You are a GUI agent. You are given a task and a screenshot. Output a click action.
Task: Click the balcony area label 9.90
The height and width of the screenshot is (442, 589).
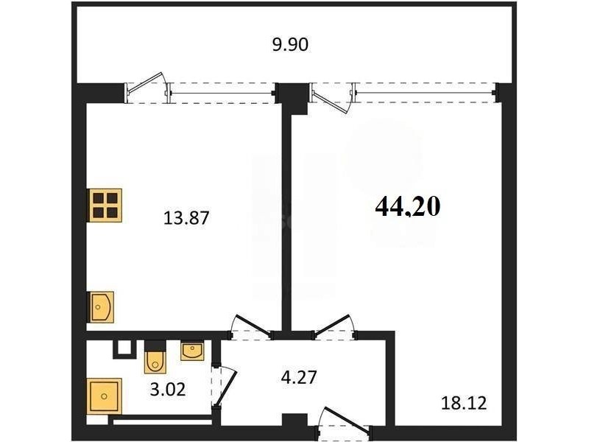click(x=290, y=45)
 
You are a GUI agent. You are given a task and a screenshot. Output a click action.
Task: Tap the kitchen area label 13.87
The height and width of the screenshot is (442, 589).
click(x=186, y=218)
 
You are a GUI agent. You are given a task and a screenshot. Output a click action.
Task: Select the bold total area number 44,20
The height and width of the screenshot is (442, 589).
click(x=408, y=207)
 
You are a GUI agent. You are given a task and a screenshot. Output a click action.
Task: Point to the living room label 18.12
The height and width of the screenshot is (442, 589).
click(x=464, y=403)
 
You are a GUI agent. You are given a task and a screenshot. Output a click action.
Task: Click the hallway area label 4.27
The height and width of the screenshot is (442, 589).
click(x=299, y=377)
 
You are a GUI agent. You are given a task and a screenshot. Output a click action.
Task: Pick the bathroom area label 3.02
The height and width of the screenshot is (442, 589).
click(x=168, y=390)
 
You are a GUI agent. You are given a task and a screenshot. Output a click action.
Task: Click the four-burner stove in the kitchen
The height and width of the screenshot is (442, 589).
click(x=105, y=206)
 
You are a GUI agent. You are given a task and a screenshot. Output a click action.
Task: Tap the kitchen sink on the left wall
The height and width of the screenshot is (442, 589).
click(x=101, y=307)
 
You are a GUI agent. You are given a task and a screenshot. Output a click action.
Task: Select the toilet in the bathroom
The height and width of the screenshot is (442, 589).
click(x=155, y=357)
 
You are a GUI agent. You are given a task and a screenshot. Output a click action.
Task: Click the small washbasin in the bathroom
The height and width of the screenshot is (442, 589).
click(x=192, y=351)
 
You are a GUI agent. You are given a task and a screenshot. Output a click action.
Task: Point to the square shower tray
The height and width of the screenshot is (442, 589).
click(x=104, y=396)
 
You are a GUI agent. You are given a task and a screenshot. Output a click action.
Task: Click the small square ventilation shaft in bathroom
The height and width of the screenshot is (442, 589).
click(x=123, y=348)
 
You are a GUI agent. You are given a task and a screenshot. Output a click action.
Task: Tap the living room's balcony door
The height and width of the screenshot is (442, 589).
click(x=332, y=98)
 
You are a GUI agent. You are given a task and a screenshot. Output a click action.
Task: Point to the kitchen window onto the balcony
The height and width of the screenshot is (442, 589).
click(x=222, y=94)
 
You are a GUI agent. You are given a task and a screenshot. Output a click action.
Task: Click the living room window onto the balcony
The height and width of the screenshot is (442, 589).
click(x=425, y=94)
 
